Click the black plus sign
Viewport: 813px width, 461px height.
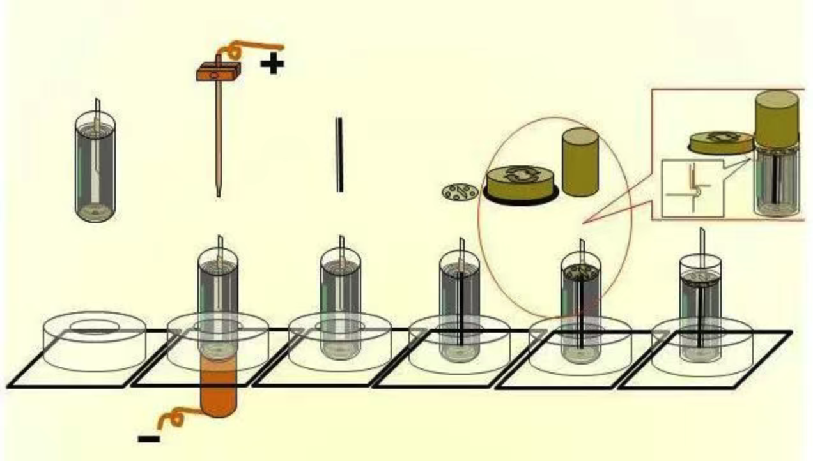point(272,64)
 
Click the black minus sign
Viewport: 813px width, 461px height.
point(149,438)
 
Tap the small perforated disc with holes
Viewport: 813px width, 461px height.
point(460,191)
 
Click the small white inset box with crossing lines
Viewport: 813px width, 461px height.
point(693,188)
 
